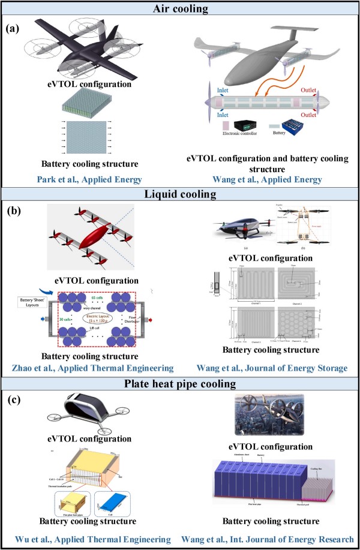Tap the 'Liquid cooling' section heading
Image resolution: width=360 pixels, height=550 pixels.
[179, 194]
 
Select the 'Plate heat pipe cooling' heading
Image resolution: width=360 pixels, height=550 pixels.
[179, 383]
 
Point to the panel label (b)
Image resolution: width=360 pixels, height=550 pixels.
[14, 211]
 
